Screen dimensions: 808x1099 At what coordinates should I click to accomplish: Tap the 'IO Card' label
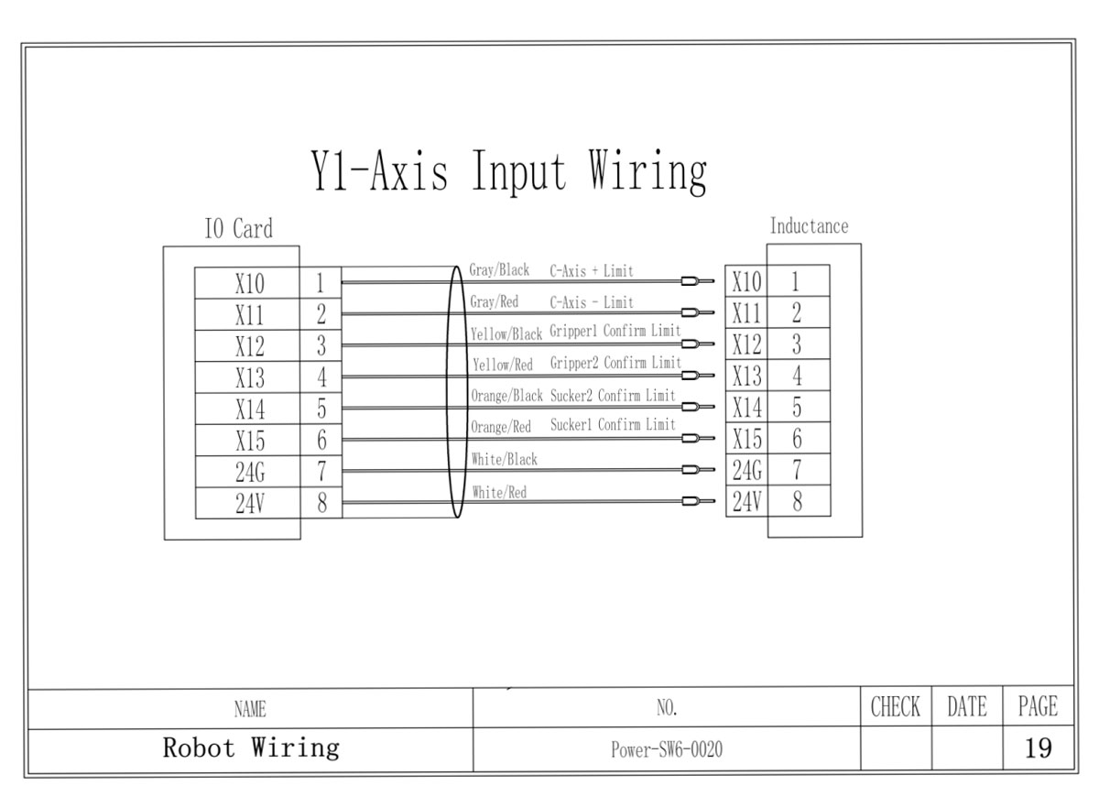coord(238,228)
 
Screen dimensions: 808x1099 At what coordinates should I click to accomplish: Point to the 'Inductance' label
coord(809,226)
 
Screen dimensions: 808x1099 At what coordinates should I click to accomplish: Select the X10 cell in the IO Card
coord(249,283)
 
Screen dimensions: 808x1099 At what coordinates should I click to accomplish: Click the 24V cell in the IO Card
coord(249,504)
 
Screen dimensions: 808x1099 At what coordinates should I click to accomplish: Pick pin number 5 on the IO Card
coord(321,408)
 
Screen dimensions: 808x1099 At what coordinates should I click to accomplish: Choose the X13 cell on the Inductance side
coord(745,377)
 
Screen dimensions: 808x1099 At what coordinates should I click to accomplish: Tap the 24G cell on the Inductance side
coord(745,471)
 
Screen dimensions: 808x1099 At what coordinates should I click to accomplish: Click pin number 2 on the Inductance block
coord(796,313)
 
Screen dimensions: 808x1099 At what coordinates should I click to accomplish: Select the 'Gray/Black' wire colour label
coord(499,271)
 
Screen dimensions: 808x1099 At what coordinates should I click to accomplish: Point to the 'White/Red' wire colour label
coord(499,493)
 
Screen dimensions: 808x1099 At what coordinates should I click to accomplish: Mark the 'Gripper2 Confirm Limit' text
coord(615,364)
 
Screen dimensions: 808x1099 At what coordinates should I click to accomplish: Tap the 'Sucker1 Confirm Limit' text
coord(613,425)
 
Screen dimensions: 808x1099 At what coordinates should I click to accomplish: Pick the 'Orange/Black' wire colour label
coord(506,397)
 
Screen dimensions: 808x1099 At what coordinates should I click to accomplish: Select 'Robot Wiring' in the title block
coord(251,748)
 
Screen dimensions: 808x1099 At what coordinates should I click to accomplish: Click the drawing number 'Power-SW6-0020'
coord(666,750)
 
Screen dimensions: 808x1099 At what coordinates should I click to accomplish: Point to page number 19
coord(1038,749)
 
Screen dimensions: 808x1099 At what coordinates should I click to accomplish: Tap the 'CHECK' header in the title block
coord(895,707)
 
